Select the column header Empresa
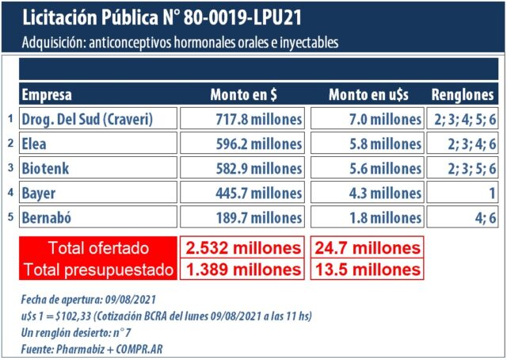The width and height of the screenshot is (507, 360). (x=47, y=95)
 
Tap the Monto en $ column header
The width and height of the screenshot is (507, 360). (x=243, y=95)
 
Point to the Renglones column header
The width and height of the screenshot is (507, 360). (x=463, y=95)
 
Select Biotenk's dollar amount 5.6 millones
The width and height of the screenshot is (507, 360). (x=367, y=168)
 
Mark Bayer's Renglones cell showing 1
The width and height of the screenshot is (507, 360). (x=463, y=193)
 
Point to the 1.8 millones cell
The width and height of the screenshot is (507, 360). (x=367, y=217)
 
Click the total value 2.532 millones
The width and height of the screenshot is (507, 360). (x=242, y=247)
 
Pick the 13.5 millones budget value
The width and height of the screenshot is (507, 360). (x=367, y=270)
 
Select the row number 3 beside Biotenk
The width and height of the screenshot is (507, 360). (x=10, y=168)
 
